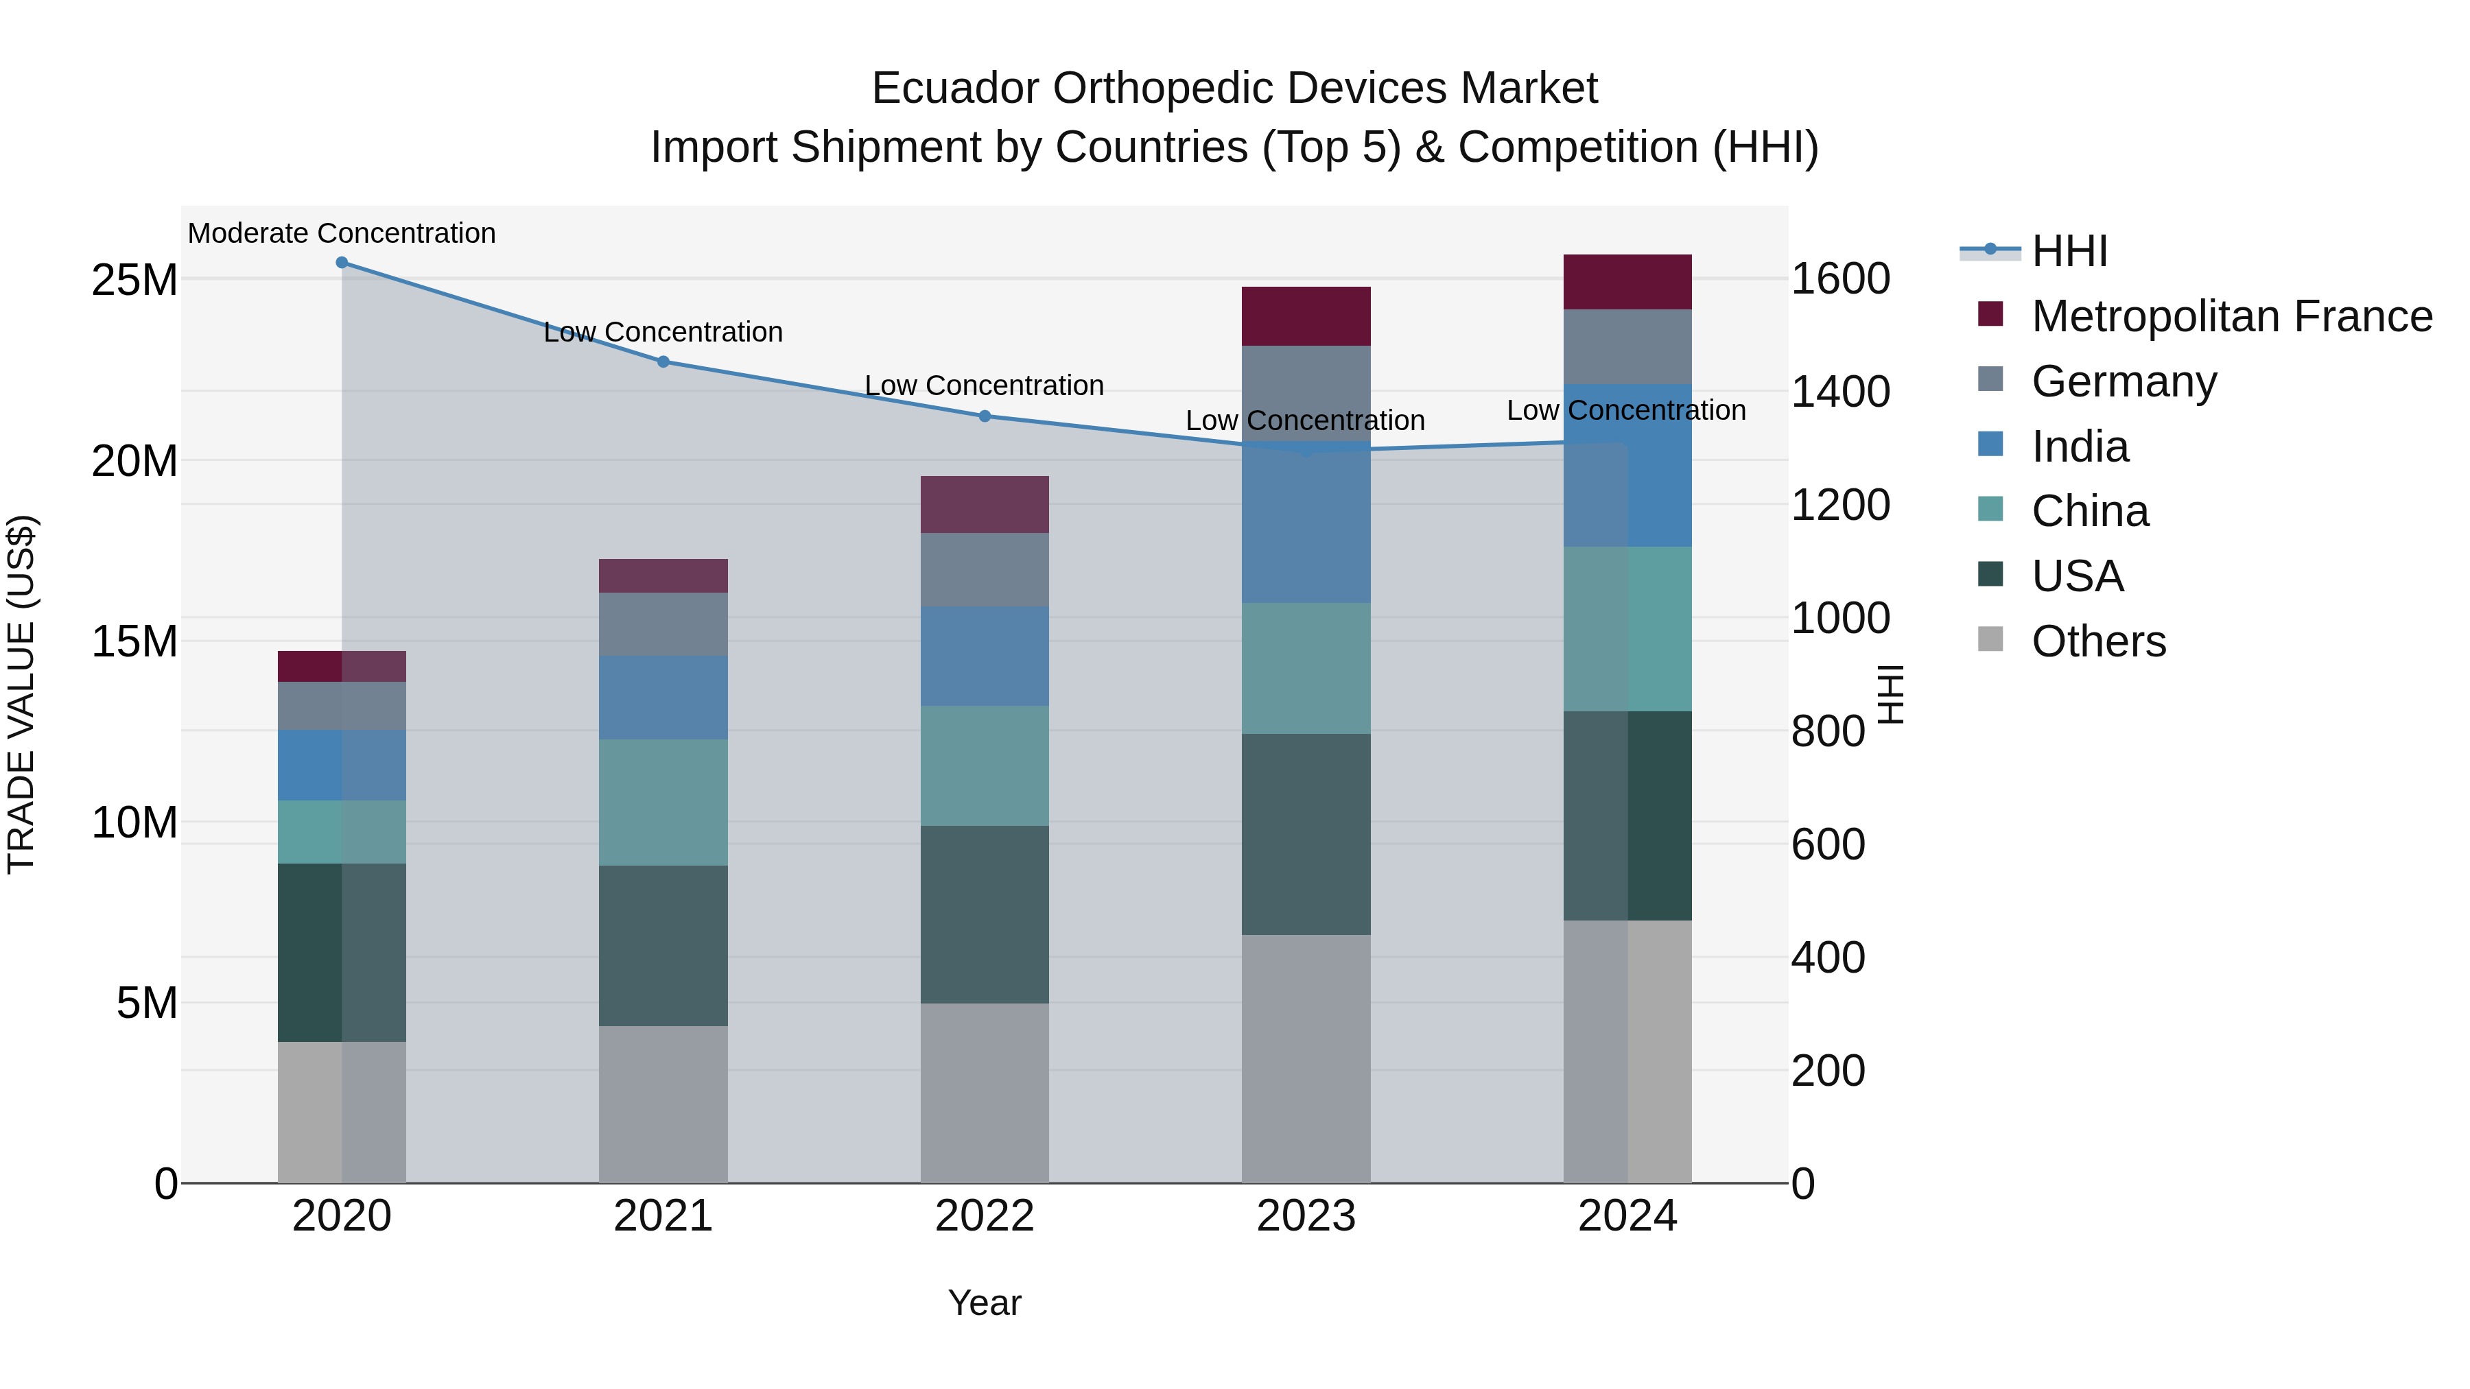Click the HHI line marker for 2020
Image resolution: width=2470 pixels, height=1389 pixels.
(342, 263)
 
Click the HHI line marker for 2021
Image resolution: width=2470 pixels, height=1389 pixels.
(663, 361)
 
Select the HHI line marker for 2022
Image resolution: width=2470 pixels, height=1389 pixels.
(985, 416)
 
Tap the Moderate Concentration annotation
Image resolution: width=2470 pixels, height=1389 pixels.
(342, 233)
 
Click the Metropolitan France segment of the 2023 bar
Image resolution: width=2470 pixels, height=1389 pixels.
(1306, 316)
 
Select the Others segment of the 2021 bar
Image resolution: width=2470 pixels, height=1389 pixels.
(663, 1104)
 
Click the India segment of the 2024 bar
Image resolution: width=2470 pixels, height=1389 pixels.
(1627, 466)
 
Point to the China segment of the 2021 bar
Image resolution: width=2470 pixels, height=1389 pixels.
(663, 803)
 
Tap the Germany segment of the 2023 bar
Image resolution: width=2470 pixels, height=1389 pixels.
(1306, 393)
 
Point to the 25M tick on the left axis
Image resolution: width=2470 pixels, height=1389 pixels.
(134, 281)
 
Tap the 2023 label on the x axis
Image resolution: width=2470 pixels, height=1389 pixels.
(1306, 1216)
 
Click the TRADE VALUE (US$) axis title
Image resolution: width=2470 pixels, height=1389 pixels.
(21, 694)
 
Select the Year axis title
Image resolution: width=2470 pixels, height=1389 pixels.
(985, 1303)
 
